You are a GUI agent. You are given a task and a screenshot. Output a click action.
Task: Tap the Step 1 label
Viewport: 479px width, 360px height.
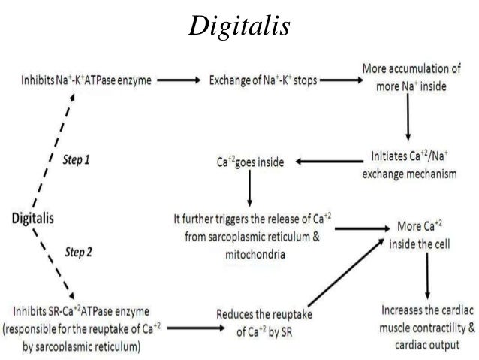(78, 161)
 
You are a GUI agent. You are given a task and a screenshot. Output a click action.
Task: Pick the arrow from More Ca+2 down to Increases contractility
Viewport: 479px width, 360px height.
(427, 275)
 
